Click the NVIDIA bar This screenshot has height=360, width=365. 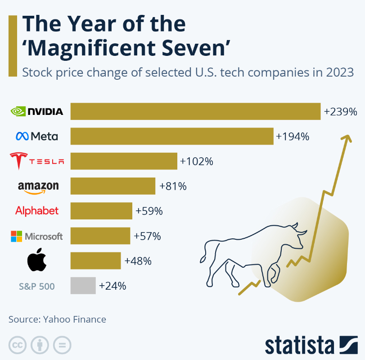tap(195, 111)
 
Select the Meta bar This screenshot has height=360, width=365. tap(172, 136)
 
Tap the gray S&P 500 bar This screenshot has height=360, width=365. tap(83, 286)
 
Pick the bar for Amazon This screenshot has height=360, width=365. tap(113, 186)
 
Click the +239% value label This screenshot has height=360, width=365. tap(340, 111)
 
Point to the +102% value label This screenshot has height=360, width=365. tap(197, 161)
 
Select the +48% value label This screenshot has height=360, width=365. tap(138, 261)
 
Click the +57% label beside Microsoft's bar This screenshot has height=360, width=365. tap(147, 236)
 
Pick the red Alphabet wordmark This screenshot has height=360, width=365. tap(37, 210)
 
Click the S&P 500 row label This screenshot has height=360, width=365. tap(37, 286)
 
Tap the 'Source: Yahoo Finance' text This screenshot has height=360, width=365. tap(57, 319)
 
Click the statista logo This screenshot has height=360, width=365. tap(311, 345)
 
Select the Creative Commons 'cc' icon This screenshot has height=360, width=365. tap(17, 345)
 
